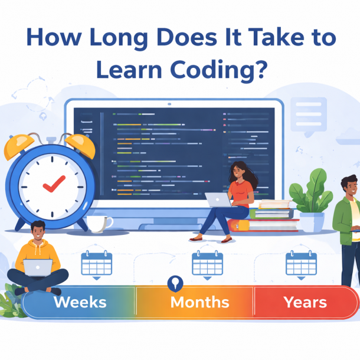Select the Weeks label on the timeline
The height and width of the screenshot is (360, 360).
(x=80, y=302)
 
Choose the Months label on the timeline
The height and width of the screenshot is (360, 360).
(x=199, y=302)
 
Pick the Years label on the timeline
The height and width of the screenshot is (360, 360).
(x=305, y=302)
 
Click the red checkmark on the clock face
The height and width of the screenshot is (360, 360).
(x=54, y=184)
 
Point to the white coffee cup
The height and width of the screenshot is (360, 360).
(x=99, y=224)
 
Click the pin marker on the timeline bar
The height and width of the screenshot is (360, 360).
(x=175, y=283)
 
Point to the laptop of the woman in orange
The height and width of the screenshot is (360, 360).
(x=218, y=199)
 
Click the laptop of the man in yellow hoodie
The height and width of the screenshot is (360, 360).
(x=38, y=268)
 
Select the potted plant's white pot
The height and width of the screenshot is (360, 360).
(x=312, y=222)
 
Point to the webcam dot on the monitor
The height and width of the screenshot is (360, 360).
(x=169, y=104)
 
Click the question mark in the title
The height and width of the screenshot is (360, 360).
(x=261, y=68)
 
